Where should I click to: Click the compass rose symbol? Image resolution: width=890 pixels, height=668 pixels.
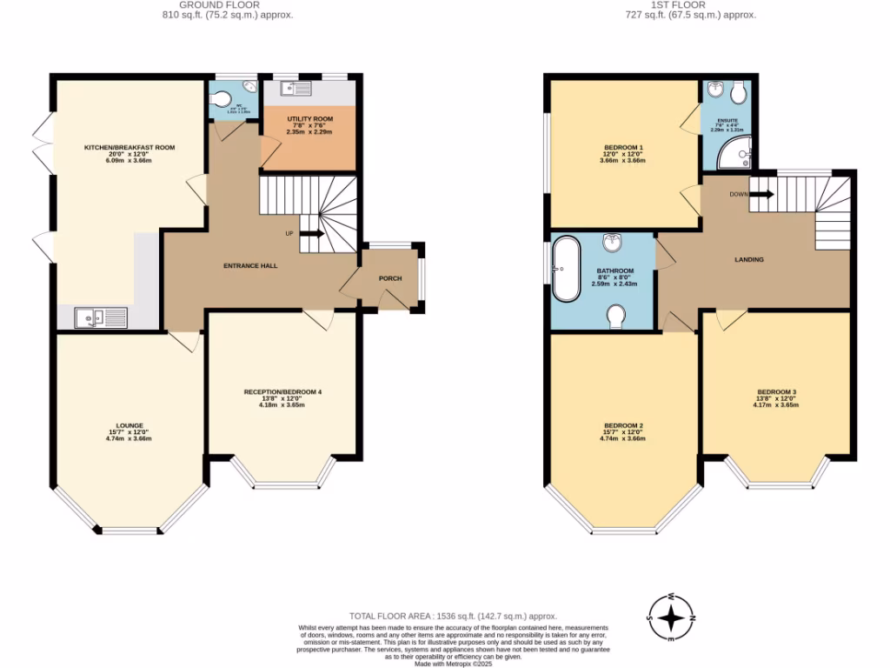click(672, 618)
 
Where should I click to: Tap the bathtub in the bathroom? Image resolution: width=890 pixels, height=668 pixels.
click(567, 268)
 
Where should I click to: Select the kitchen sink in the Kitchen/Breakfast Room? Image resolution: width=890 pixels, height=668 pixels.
click(101, 318)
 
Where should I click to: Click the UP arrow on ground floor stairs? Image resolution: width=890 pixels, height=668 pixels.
click(312, 233)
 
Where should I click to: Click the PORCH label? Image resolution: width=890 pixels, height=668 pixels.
click(390, 278)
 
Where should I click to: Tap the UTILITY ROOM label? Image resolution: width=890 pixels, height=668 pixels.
click(309, 118)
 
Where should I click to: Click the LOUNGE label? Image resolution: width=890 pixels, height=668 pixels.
click(129, 425)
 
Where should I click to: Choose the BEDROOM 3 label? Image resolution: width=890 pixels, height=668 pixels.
click(776, 391)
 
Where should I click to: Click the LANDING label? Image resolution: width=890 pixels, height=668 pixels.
click(749, 259)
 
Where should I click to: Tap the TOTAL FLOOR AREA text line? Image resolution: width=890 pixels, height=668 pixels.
click(453, 615)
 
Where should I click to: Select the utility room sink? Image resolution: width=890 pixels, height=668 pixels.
click(296, 87)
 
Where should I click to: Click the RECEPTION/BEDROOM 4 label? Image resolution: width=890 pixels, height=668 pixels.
click(282, 392)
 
